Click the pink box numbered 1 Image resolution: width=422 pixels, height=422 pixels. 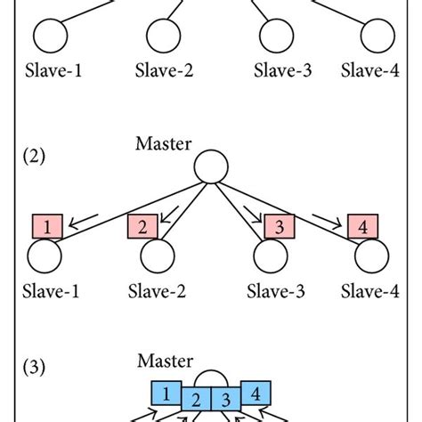coord(45,227)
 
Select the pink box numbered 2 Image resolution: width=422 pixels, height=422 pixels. coord(142,227)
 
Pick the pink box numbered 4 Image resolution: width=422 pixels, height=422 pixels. coord(362,227)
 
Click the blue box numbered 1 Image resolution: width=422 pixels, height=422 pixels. coord(164,391)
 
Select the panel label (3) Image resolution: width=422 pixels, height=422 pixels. coord(34,365)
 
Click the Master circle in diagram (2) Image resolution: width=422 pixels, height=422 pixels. coord(211,166)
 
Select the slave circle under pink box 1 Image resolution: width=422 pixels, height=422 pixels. coord(45,256)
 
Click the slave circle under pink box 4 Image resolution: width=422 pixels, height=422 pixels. coord(372,256)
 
